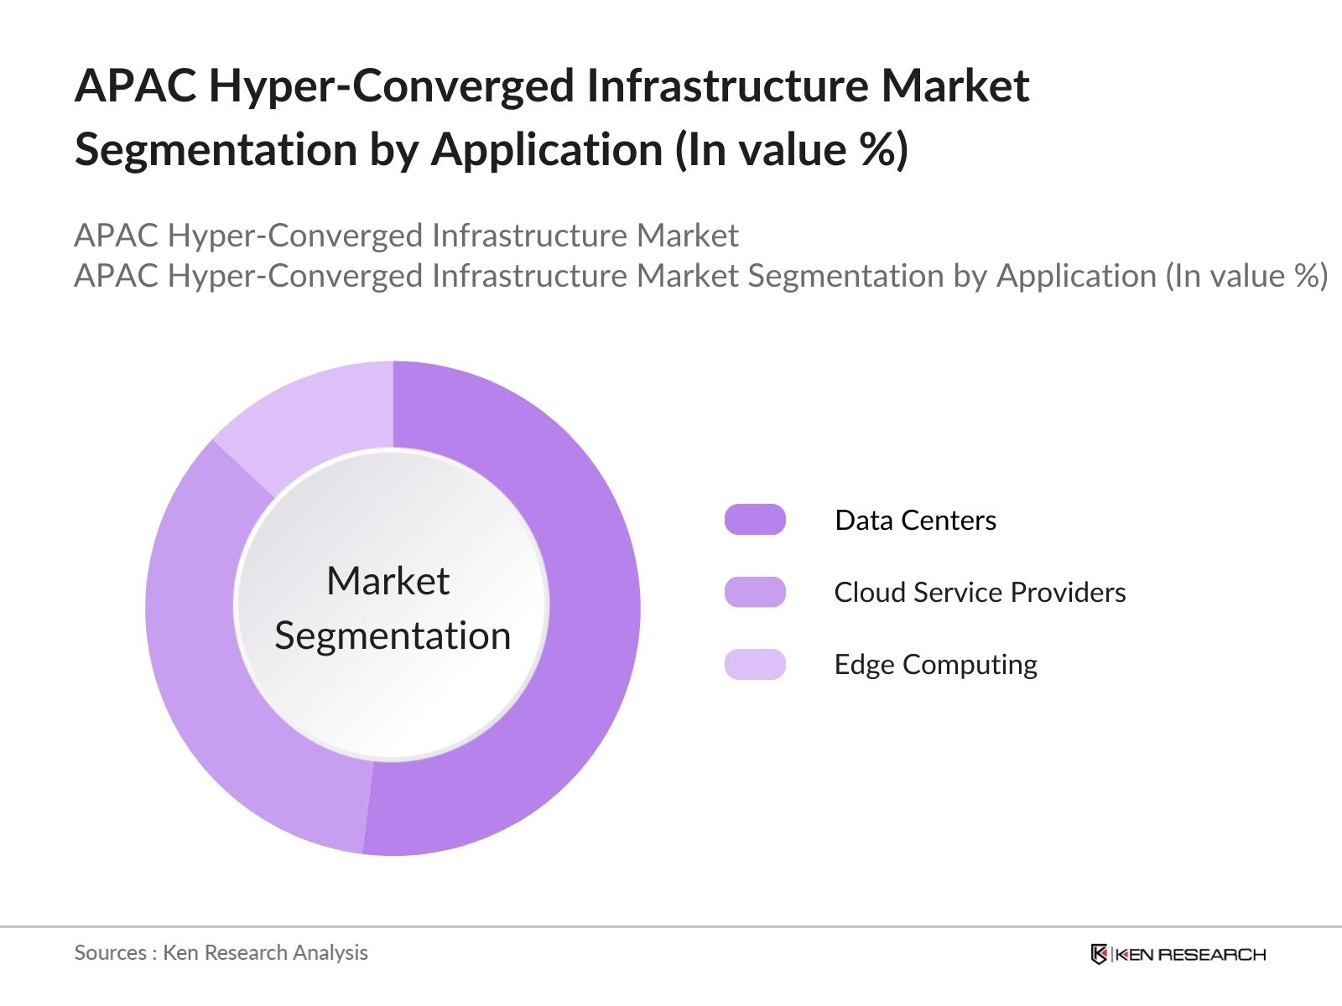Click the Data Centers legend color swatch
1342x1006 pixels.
[x=755, y=520]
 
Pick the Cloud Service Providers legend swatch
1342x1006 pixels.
[x=755, y=592]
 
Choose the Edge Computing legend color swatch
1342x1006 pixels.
[x=755, y=664]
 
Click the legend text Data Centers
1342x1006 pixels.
[x=915, y=521]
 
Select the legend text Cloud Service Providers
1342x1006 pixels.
[x=980, y=593]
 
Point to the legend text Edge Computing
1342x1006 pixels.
[x=935, y=665]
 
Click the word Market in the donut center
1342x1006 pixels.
[x=388, y=581]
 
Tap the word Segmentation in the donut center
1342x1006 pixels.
[x=393, y=635]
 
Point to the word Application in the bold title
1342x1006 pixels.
[x=547, y=151]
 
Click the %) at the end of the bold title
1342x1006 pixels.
[x=883, y=151]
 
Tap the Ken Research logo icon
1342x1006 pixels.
[x=1099, y=954]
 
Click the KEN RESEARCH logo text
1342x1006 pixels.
[x=1190, y=955]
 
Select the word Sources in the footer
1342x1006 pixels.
[x=110, y=953]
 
